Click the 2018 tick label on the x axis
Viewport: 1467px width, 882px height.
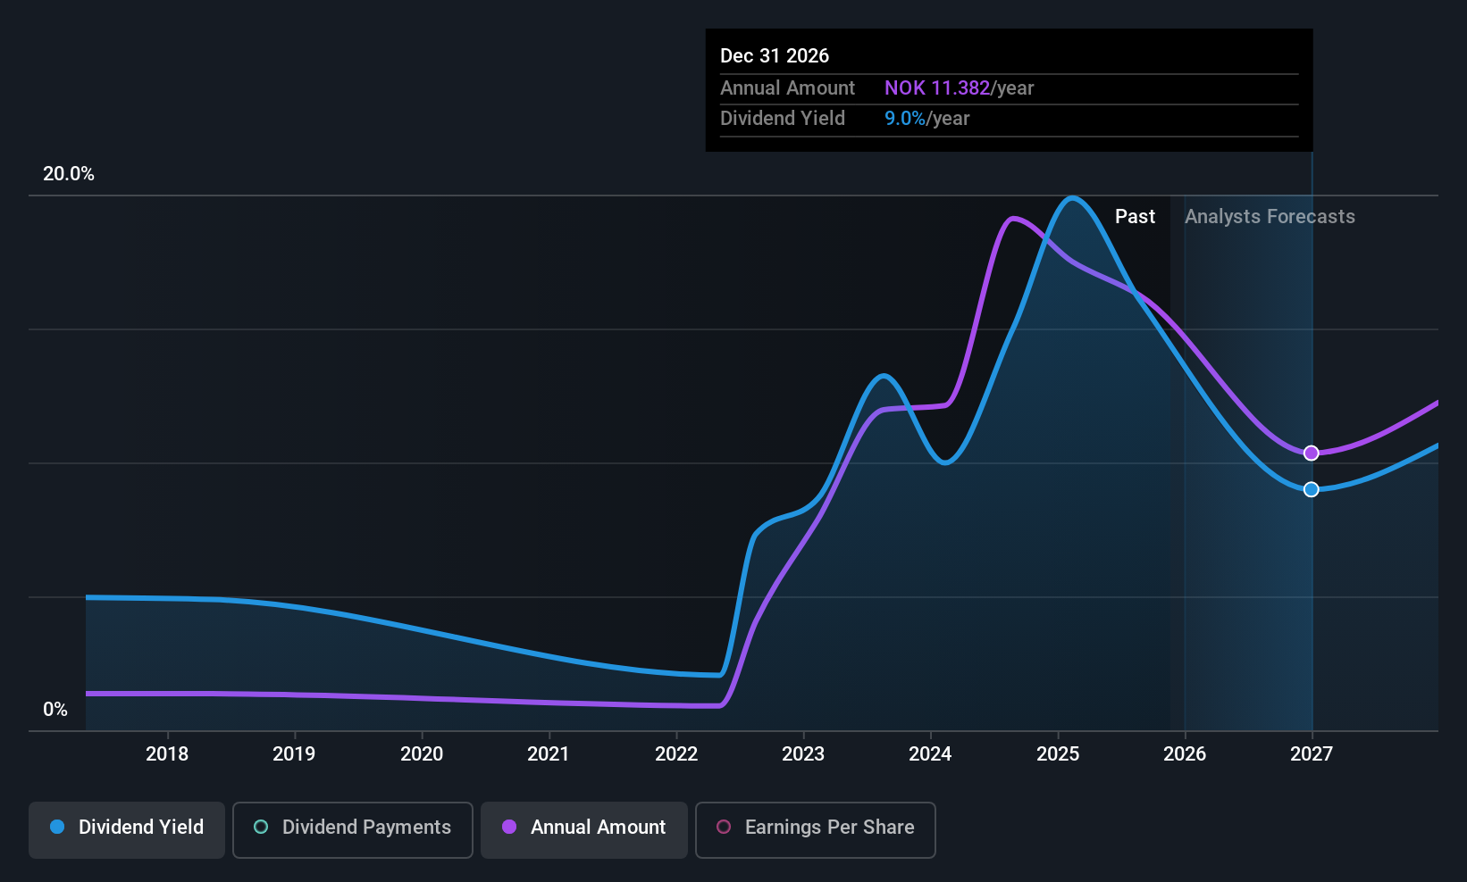(x=167, y=753)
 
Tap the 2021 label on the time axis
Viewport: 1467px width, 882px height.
(x=548, y=753)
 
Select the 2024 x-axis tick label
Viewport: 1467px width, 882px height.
(x=930, y=753)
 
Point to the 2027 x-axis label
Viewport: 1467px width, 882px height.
(x=1312, y=753)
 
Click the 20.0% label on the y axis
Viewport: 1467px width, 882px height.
(x=69, y=174)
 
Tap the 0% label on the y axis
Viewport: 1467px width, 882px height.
(x=55, y=710)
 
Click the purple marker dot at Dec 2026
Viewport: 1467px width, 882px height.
(x=1311, y=453)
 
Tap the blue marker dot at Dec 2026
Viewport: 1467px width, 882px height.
(x=1311, y=489)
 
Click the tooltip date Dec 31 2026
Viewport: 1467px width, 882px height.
(x=775, y=55)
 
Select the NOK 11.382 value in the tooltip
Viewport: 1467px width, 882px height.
(x=936, y=87)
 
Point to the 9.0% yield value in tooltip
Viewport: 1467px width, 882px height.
(x=904, y=119)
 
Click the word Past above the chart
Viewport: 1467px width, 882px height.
(x=1135, y=217)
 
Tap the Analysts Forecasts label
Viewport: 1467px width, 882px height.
(x=1270, y=217)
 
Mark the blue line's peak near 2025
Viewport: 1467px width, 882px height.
(x=1072, y=198)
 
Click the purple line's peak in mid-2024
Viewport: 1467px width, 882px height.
(x=1012, y=218)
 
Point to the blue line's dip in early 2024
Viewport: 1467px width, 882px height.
(x=945, y=462)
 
